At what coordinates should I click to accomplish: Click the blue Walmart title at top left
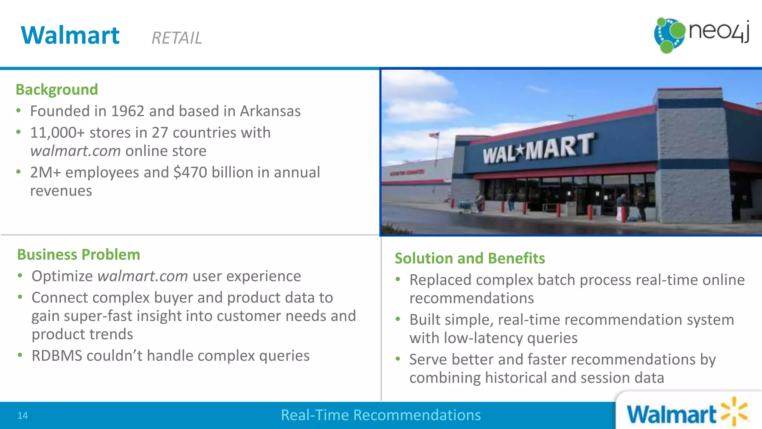click(x=70, y=36)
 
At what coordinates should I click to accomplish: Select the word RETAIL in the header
click(x=177, y=38)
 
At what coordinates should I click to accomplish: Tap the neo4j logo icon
click(x=669, y=35)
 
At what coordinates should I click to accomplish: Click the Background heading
click(x=57, y=90)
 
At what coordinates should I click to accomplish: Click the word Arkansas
click(x=270, y=111)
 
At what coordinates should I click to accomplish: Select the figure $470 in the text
click(x=190, y=172)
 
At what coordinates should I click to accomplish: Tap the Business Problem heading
click(x=79, y=255)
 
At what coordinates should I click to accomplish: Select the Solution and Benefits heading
click(x=470, y=258)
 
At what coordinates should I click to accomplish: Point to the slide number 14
click(x=22, y=416)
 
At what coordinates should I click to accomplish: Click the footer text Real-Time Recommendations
click(x=381, y=415)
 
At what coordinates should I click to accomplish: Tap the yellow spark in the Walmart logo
click(x=734, y=411)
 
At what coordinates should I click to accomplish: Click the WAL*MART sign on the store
click(x=537, y=149)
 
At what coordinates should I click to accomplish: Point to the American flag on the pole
click(x=434, y=136)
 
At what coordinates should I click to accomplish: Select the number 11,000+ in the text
click(x=57, y=133)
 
